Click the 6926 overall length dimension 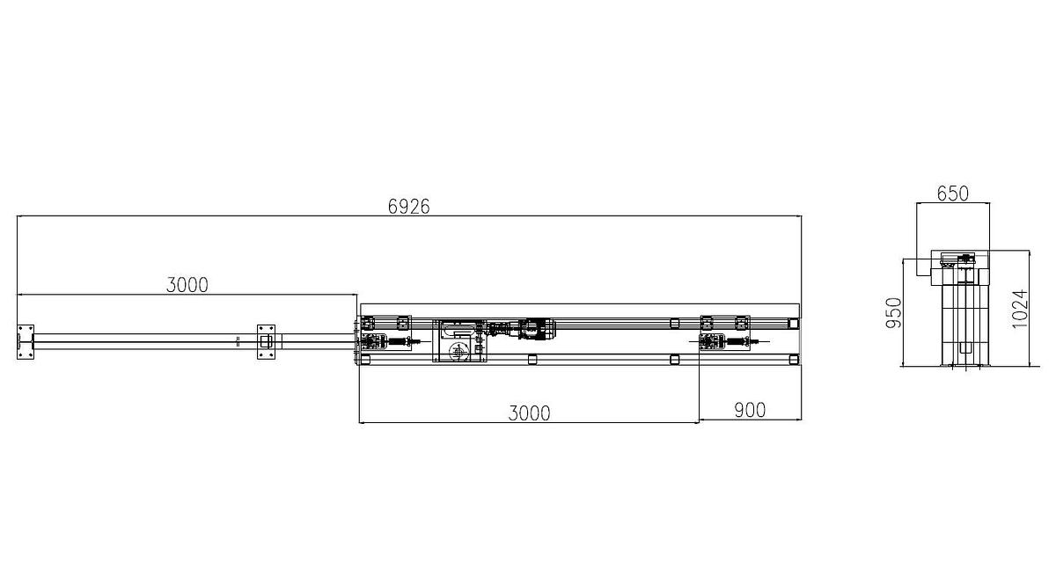pyautogui.click(x=408, y=206)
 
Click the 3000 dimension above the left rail pyautogui.click(x=187, y=284)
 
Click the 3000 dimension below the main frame pyautogui.click(x=529, y=413)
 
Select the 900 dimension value pyautogui.click(x=749, y=409)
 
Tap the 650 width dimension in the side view pyautogui.click(x=952, y=193)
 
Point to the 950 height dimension pyautogui.click(x=893, y=312)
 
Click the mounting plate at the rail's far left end pyautogui.click(x=25, y=340)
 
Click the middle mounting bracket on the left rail pyautogui.click(x=266, y=340)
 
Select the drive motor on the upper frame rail pyautogui.click(x=533, y=331)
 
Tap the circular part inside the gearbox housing pyautogui.click(x=458, y=351)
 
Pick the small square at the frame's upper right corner pyautogui.click(x=794, y=324)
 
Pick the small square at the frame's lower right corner pyautogui.click(x=794, y=359)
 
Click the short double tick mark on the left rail pyautogui.click(x=238, y=340)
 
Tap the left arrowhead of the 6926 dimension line pyautogui.click(x=19, y=215)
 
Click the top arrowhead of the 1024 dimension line pyautogui.click(x=1029, y=252)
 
